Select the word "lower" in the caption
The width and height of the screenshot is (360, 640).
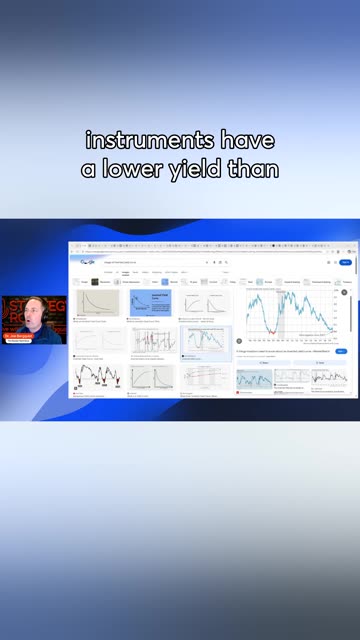click(142, 170)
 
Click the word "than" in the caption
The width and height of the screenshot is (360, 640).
click(255, 170)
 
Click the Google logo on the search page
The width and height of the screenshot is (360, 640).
click(87, 262)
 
